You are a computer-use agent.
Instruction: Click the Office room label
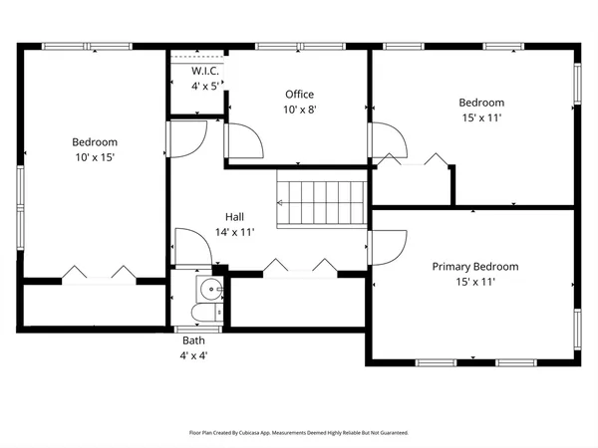tap(299, 95)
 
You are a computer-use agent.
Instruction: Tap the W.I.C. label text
tap(205, 71)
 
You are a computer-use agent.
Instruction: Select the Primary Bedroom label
tap(475, 267)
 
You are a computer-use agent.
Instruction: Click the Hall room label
tap(234, 217)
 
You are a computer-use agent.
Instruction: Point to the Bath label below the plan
tap(193, 340)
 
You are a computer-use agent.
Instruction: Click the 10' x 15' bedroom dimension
tap(95, 157)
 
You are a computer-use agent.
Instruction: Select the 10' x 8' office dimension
tap(300, 110)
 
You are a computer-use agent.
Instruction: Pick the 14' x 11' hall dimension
tap(234, 232)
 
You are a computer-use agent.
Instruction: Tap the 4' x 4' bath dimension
tap(193, 355)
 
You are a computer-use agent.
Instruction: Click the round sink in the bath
tap(210, 289)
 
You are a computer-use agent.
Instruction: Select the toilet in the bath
tap(206, 313)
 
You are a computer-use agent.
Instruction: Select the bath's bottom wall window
tap(198, 330)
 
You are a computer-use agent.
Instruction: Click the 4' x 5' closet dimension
tap(205, 87)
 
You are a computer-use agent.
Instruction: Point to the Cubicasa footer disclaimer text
tap(299, 433)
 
